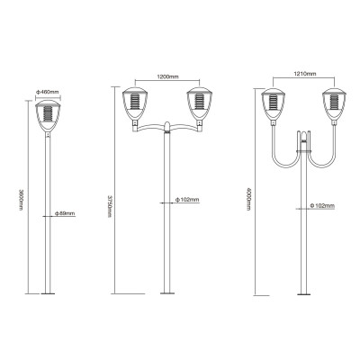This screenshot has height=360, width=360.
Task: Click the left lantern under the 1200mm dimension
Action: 135,105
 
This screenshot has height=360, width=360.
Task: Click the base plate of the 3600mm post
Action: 46,292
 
